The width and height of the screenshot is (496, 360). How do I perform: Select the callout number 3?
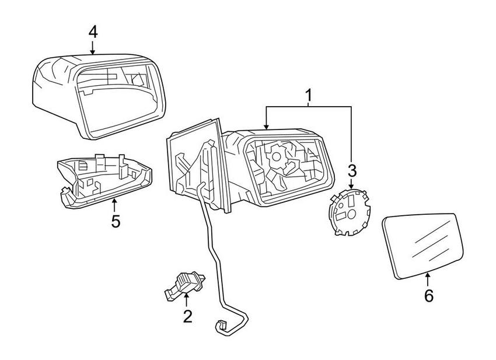tap(351, 170)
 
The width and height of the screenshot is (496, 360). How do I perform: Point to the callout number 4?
tap(93, 32)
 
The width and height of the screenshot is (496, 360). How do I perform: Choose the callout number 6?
tap(428, 296)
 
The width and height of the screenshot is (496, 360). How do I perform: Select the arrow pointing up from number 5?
tap(115, 204)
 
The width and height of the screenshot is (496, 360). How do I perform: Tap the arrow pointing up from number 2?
tap(187, 299)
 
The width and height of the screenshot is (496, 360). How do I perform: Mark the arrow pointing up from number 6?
tap(428, 279)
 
